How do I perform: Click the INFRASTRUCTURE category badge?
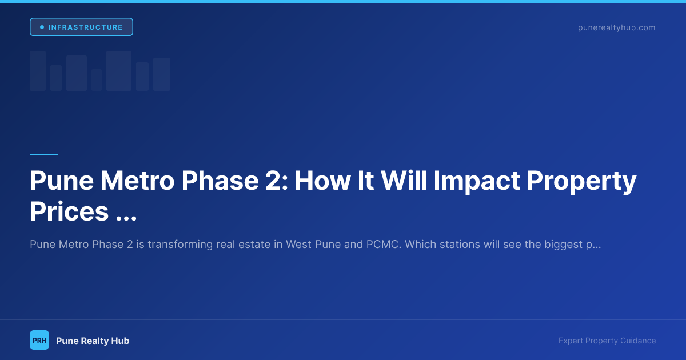tap(81, 27)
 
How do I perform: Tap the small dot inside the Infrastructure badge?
tap(42, 27)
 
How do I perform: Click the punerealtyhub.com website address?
tap(616, 27)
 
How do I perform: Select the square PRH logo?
tap(39, 340)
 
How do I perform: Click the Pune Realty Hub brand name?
tap(93, 341)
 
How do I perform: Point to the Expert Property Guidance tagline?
tap(607, 341)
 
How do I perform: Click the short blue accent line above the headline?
tap(44, 155)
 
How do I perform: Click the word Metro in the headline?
tap(138, 181)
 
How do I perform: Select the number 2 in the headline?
tap(277, 181)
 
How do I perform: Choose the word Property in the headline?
tap(581, 182)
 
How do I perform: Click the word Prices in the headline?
tap(69, 211)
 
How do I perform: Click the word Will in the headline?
tap(404, 181)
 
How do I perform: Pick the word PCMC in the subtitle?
tap(384, 245)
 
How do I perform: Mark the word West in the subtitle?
tap(298, 245)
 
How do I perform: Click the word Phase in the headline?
tap(220, 181)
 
